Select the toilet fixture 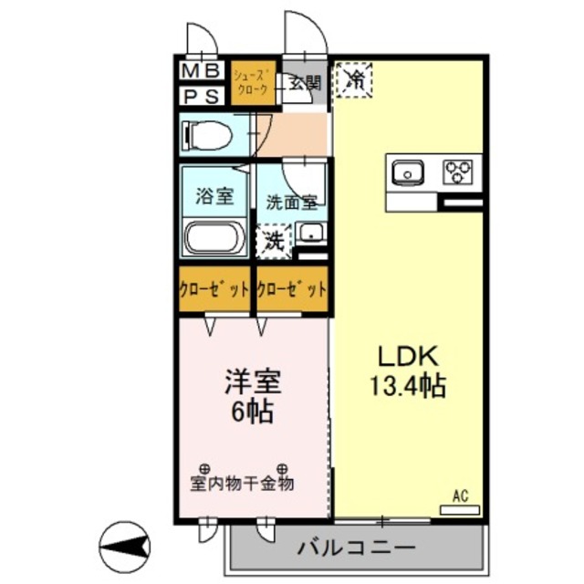(x=208, y=134)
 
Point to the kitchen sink (x=406, y=171)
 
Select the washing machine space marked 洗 (x=274, y=242)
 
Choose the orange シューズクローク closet (x=251, y=82)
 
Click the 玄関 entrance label (x=305, y=83)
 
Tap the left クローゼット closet (x=215, y=291)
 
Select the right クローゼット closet (x=291, y=291)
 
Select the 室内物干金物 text (x=243, y=484)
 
